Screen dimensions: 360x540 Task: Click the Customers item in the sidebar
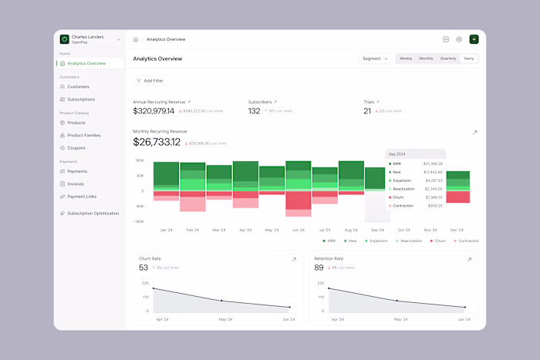(78, 87)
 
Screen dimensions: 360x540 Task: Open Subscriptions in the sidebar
(81, 99)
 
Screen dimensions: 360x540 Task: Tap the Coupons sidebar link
(76, 147)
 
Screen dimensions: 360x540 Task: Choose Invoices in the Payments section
(76, 184)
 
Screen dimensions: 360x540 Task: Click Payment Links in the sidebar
(82, 197)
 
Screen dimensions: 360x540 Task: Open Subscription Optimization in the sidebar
(93, 214)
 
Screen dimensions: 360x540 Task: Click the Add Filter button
(150, 80)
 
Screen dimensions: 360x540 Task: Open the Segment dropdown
(375, 59)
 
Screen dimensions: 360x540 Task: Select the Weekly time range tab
(406, 59)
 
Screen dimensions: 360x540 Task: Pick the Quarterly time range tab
(448, 59)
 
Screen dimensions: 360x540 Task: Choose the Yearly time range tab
(468, 59)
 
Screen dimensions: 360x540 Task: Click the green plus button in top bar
(474, 39)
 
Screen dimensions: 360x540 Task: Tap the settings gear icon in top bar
(459, 39)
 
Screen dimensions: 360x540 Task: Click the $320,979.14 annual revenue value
(154, 111)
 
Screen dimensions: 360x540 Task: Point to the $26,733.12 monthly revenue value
(157, 142)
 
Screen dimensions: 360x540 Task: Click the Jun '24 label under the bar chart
(298, 230)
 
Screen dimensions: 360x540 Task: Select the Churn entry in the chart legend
(438, 241)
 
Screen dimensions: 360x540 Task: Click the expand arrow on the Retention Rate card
(469, 260)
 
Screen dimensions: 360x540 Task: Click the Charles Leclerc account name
(88, 36)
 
